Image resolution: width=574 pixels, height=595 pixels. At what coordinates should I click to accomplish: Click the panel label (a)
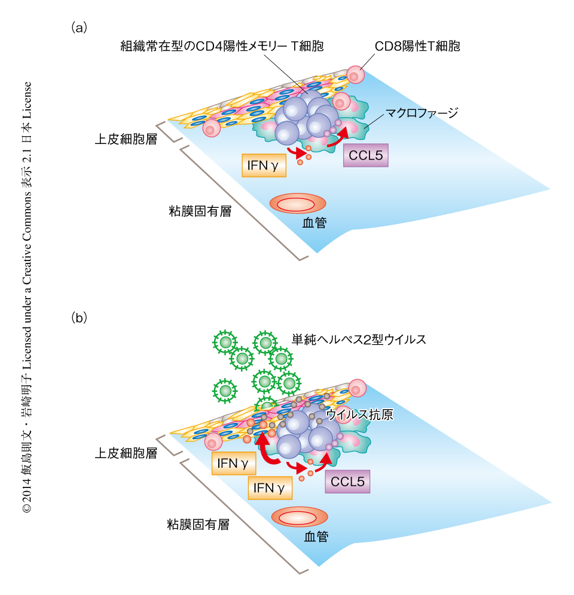click(x=80, y=27)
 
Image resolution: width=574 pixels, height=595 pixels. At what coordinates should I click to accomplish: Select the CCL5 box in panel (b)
click(x=347, y=481)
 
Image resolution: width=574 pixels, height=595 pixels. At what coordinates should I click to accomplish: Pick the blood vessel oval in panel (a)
click(x=298, y=204)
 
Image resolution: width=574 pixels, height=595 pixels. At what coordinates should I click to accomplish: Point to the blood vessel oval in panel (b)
click(x=299, y=517)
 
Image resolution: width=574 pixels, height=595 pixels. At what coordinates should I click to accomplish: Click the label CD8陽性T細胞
click(x=417, y=46)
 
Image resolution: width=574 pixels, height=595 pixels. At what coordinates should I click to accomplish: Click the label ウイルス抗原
click(x=359, y=415)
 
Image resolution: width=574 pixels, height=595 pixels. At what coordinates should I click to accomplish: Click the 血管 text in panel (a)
click(x=315, y=223)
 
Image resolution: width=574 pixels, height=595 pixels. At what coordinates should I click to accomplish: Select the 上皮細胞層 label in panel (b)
click(x=126, y=453)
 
